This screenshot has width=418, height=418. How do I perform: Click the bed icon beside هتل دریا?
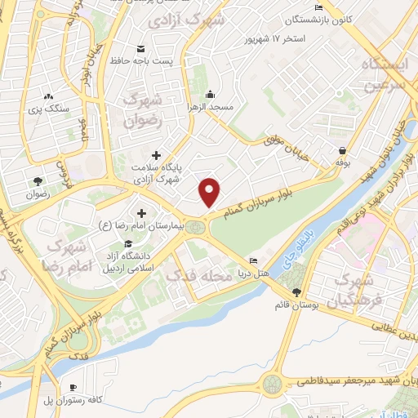(x=254, y=260)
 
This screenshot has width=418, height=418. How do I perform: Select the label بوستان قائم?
(x=292, y=306)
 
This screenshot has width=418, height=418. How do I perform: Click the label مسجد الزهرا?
(x=210, y=107)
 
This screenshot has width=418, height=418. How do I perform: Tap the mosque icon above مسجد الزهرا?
(x=211, y=92)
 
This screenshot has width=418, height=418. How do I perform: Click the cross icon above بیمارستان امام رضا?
(x=141, y=212)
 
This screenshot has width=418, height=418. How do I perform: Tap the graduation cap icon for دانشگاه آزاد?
(x=127, y=244)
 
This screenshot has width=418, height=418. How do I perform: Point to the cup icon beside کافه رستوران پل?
(x=73, y=386)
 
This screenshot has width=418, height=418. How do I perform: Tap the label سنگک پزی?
(x=47, y=109)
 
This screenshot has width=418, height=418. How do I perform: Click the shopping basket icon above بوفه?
(x=340, y=149)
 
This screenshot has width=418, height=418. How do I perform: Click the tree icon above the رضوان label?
(x=37, y=180)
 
